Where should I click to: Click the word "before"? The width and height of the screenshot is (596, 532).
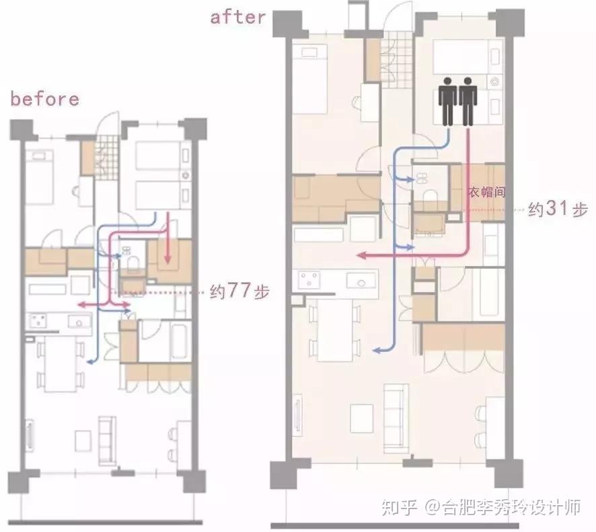click(45, 99)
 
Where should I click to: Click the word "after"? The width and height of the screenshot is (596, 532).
click(238, 17)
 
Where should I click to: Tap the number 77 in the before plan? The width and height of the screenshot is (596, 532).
click(239, 291)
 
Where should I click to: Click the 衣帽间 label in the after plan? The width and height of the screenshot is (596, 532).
click(487, 192)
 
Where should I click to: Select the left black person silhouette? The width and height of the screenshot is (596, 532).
click(448, 101)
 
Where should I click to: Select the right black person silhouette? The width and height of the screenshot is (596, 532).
click(468, 101)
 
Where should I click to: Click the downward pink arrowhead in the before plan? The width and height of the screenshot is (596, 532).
click(167, 259)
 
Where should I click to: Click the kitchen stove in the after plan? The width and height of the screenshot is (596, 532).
click(309, 280)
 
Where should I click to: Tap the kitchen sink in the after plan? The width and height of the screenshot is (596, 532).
click(361, 281)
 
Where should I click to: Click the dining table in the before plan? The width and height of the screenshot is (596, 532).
click(61, 363)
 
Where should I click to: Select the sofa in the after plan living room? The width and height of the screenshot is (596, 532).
click(396, 418)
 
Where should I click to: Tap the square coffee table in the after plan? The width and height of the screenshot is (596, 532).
click(361, 418)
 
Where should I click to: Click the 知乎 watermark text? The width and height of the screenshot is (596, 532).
click(399, 507)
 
